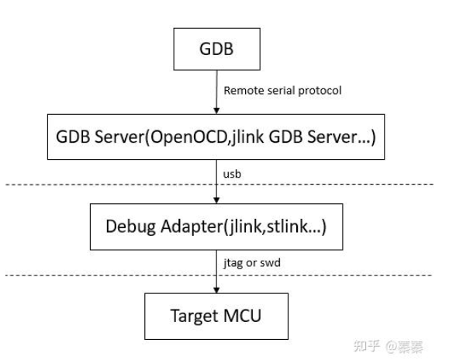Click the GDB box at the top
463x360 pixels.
(x=214, y=50)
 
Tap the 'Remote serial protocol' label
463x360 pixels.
(x=282, y=91)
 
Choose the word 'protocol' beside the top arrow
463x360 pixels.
(x=320, y=91)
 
